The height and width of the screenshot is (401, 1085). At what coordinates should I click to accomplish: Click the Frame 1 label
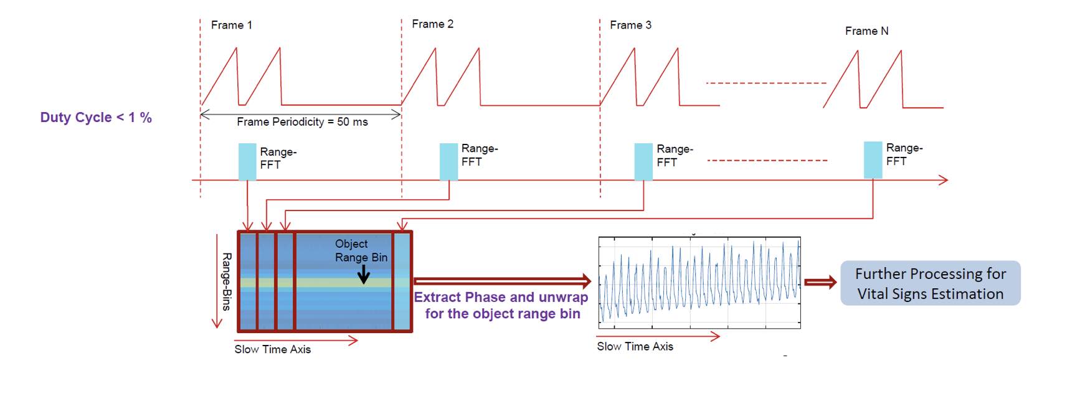point(231,26)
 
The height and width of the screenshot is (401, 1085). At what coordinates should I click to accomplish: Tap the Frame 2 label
point(432,24)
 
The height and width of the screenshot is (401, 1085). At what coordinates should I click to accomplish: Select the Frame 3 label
point(630,26)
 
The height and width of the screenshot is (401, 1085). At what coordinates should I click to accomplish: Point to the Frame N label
point(866,31)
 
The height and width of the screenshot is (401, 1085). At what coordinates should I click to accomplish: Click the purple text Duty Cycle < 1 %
point(96,118)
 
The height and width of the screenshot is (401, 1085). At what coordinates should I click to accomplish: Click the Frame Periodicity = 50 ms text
point(302,122)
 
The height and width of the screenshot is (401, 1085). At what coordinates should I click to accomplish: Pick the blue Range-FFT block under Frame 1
point(247,162)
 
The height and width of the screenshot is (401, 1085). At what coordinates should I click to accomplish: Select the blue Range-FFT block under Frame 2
point(448,162)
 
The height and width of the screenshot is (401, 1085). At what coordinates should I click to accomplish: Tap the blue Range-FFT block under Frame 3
point(643,162)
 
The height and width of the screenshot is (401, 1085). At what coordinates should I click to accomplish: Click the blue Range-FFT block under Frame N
point(873,160)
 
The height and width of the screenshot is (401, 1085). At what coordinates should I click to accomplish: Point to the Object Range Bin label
point(361,250)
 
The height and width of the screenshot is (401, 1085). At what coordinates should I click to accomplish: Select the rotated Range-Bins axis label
point(227,281)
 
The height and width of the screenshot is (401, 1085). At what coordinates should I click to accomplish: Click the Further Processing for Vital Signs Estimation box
point(930,283)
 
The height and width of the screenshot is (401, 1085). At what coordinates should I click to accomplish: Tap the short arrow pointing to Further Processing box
point(820,283)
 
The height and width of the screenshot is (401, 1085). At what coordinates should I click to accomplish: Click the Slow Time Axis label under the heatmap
point(272,349)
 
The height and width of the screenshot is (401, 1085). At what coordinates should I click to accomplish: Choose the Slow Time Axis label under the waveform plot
point(635,347)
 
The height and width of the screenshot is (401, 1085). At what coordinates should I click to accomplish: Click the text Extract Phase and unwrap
point(501,298)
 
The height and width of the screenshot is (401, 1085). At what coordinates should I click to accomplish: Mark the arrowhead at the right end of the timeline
point(943,180)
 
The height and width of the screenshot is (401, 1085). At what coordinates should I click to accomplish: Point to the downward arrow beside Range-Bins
point(217,281)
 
